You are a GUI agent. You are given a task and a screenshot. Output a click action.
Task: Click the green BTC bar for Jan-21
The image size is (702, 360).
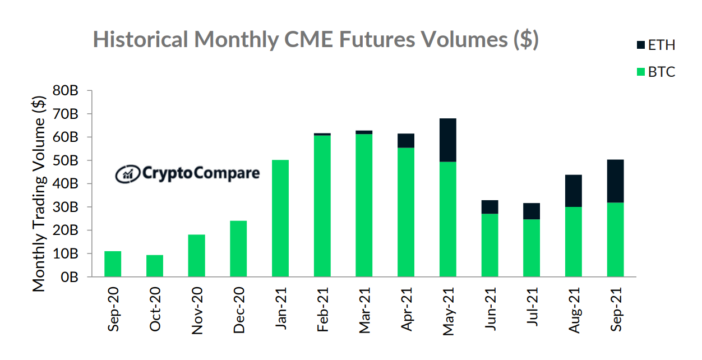tap(280, 219)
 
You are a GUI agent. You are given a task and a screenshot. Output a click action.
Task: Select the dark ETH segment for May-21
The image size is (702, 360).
tap(447, 140)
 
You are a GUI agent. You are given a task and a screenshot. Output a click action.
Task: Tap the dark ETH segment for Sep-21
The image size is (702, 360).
tap(615, 181)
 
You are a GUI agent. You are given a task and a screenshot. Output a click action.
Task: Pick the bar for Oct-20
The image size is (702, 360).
tap(155, 266)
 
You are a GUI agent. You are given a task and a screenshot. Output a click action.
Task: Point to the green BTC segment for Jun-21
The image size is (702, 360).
tap(489, 245)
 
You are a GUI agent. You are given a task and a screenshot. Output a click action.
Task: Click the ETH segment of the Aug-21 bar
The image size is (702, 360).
tap(573, 191)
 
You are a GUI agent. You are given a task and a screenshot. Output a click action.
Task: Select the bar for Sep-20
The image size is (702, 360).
tap(113, 264)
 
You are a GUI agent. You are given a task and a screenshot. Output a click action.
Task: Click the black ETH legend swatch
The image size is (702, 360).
tap(640, 45)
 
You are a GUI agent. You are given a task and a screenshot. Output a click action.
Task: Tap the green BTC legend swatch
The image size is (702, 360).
tap(640, 72)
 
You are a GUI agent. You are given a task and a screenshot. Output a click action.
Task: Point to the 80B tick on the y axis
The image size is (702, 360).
tap(66, 91)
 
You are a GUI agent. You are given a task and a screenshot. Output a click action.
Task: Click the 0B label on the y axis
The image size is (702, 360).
tap(70, 277)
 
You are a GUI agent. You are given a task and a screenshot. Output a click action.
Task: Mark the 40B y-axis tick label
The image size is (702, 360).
tap(66, 184)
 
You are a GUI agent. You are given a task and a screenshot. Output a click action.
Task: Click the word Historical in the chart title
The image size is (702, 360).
tap(140, 40)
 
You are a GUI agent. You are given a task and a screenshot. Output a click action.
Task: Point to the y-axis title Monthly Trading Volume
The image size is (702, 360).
tap(39, 193)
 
